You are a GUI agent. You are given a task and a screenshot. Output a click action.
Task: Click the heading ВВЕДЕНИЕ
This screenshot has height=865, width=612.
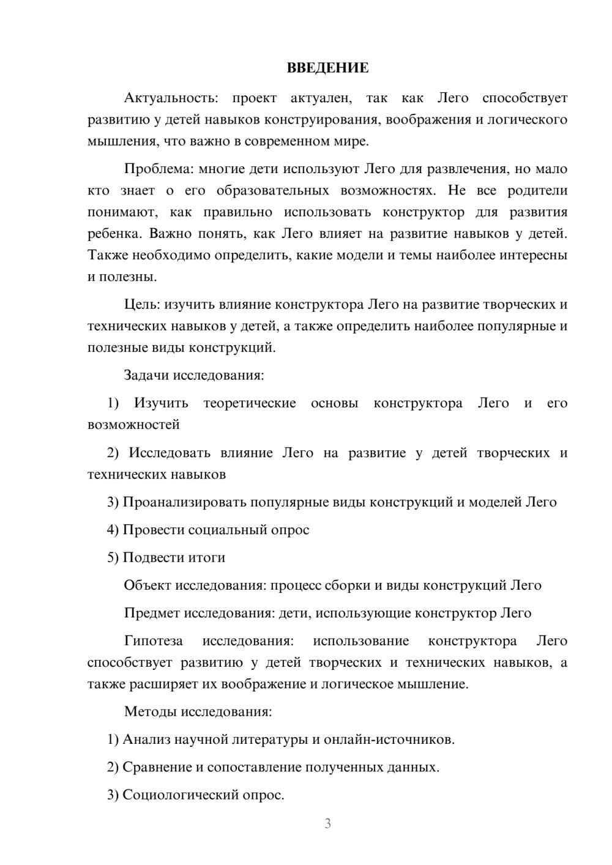pos(327,68)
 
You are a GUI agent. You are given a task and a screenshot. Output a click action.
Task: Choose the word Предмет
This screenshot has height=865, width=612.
pos(152,613)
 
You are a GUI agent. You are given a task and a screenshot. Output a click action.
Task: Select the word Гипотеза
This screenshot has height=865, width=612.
pos(153,641)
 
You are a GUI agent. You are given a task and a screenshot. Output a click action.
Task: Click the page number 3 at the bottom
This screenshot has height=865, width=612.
pos(327,823)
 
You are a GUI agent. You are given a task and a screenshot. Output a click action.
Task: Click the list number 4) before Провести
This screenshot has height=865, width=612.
pos(113,530)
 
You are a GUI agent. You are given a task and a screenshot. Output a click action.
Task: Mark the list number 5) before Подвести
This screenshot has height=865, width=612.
pos(113,557)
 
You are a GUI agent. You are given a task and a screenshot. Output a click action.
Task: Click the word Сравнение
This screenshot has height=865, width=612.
pos(157,767)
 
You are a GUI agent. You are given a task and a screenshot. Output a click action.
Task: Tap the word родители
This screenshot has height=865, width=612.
pos(537,190)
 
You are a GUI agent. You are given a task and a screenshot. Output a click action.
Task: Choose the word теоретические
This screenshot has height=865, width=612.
pos(250,403)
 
